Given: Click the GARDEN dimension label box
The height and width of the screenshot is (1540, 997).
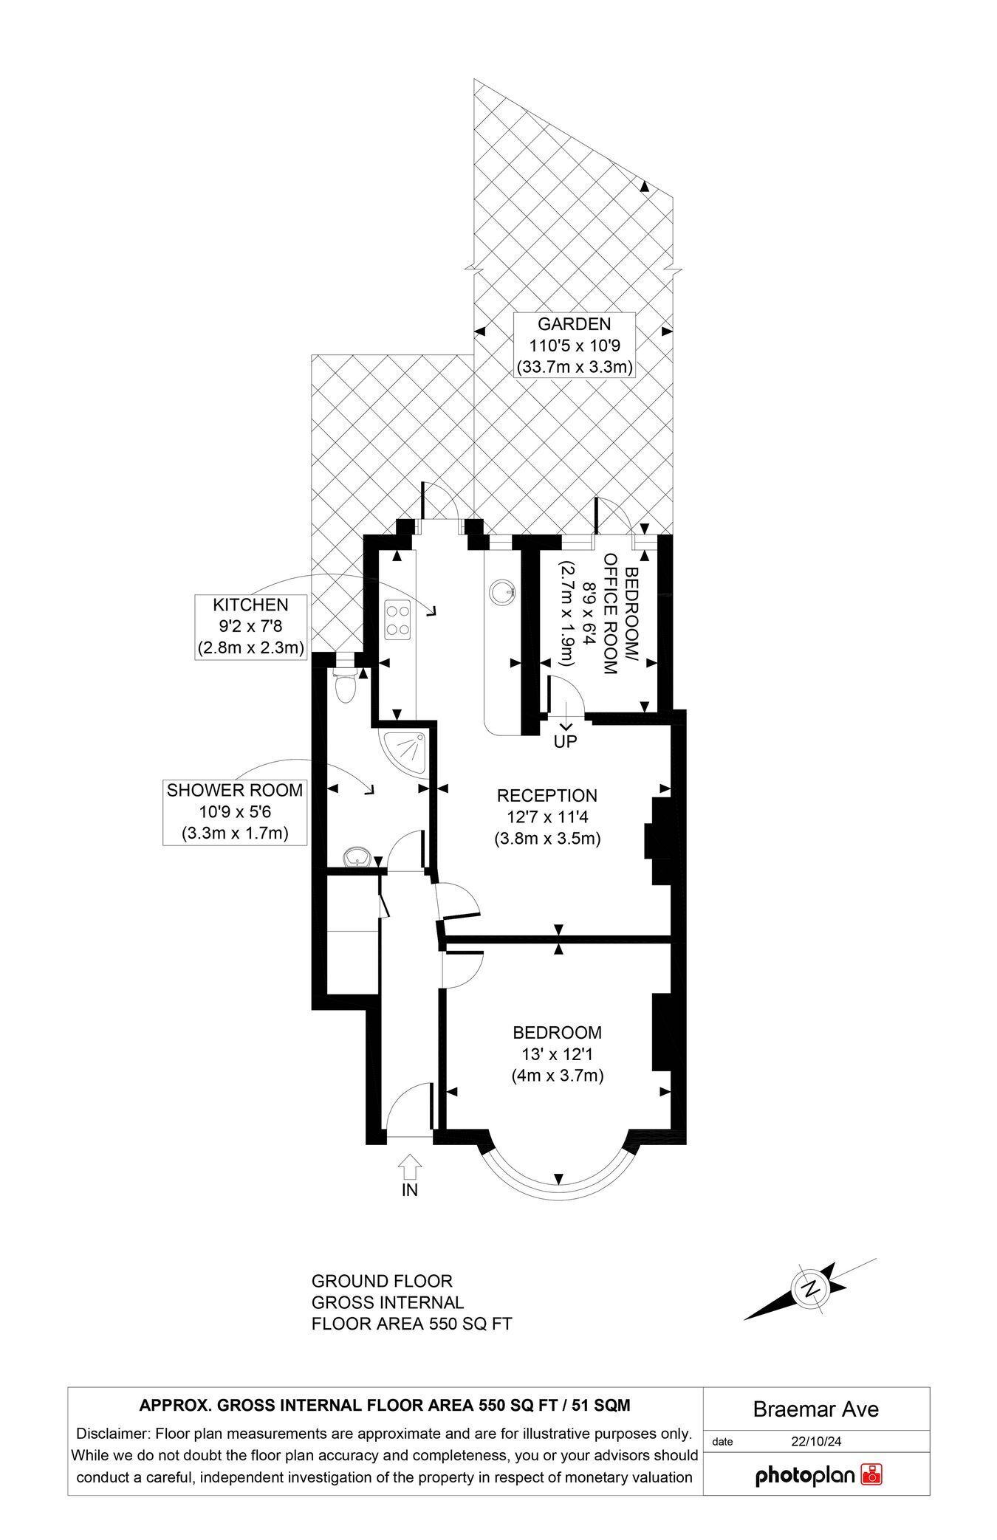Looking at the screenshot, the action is coord(575,345).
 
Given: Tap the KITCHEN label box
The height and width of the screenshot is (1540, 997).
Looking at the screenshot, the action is coord(250,626).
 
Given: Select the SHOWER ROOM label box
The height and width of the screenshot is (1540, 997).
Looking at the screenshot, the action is coord(235,812).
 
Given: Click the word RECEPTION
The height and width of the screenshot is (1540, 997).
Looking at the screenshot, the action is coord(547,796).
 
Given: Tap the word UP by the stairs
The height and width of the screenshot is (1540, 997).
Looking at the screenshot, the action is coord(565,741).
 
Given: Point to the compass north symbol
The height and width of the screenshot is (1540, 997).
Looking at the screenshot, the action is coord(811,1289).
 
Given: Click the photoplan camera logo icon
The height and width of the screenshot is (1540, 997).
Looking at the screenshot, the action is coord(872,1475).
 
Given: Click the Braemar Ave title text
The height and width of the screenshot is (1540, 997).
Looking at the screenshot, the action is coord(816,1409).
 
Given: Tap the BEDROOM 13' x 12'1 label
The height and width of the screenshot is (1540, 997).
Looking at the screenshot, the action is coord(558,1053).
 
